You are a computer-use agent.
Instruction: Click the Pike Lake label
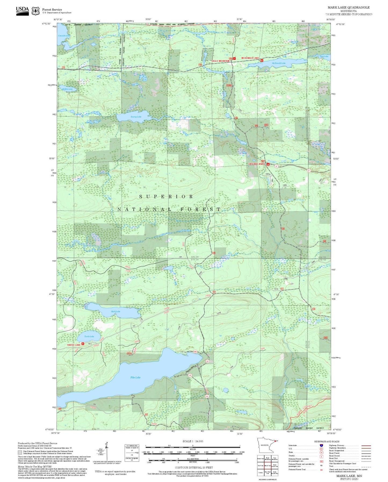coord(135,377)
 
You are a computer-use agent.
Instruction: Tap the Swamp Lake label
coord(136,117)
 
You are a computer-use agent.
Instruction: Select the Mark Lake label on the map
coord(115,311)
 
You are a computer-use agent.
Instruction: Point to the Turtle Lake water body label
coord(89,336)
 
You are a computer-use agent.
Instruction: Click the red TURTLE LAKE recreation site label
coord(74,345)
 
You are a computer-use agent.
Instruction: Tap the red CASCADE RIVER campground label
coord(256,164)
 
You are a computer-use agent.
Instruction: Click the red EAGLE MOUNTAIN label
coord(220,61)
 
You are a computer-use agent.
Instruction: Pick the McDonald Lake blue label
coord(279,63)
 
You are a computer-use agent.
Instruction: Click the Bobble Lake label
coord(67,89)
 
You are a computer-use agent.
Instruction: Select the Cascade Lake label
coord(64,36)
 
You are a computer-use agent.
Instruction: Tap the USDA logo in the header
coord(22,11)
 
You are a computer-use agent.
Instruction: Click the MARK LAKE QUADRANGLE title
coord(348,7)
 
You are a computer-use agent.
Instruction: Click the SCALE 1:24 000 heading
coord(193,441)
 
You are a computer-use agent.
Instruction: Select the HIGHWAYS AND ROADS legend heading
coord(327,441)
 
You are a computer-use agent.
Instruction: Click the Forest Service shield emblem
coord(35,11)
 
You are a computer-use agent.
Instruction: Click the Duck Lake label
coord(324,56)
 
